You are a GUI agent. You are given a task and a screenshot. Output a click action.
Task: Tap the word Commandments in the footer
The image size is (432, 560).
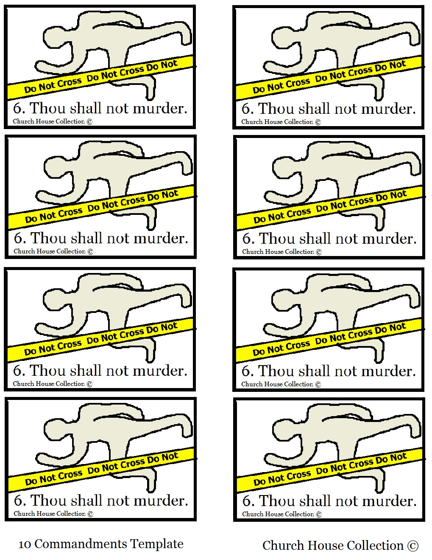[x=81, y=544]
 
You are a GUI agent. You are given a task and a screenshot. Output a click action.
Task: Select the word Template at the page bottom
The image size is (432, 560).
[x=157, y=544]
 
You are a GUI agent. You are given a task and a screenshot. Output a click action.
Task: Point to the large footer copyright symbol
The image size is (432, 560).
[x=413, y=546]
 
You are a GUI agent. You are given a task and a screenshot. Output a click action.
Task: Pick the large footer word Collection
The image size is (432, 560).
[x=375, y=546]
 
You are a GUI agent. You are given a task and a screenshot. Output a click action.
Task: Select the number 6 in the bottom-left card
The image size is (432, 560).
[x=19, y=501]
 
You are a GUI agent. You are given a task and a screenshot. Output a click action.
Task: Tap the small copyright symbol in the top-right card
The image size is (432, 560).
[x=318, y=122]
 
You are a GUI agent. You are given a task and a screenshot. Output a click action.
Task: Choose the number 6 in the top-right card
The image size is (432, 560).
[x=246, y=109]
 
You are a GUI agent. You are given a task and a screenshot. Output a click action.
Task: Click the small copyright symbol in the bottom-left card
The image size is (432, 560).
[x=90, y=514]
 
